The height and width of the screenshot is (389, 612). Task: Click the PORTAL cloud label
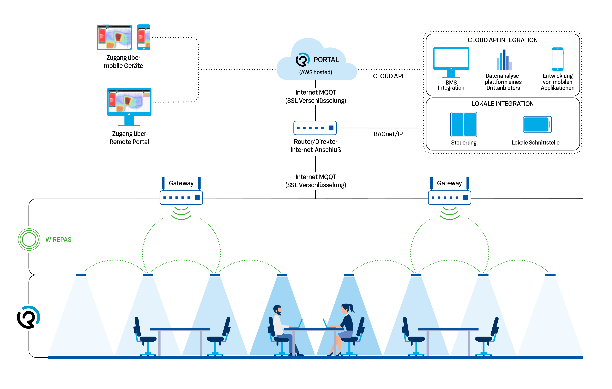pos(326,60)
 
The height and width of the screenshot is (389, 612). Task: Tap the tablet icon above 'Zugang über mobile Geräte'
pos(114,37)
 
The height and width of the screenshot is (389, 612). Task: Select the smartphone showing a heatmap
pos(144,37)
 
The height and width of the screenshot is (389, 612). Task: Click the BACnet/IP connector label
pos(388,134)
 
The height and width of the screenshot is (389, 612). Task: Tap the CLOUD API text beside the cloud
pos(388,76)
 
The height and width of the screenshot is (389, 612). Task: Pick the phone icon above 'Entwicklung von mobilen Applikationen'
pos(557,59)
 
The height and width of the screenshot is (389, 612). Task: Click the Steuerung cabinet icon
pos(464,125)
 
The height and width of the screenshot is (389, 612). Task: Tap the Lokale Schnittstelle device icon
pos(537,125)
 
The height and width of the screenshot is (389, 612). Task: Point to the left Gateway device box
pos(181,198)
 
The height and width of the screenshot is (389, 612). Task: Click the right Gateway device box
pos(449,198)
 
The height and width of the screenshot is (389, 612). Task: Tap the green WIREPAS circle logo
pos(29,240)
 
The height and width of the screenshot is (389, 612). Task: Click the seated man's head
pos(277,310)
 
